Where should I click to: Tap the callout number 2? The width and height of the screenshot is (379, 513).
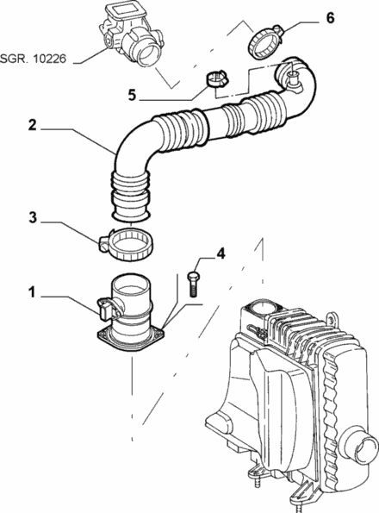[x=31, y=124]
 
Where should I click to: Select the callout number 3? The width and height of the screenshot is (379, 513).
[x=31, y=219]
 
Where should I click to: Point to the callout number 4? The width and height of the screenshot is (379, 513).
[x=220, y=253]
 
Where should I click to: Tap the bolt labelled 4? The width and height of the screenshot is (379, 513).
[x=192, y=283]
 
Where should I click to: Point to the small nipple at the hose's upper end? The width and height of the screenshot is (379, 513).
[x=293, y=81]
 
